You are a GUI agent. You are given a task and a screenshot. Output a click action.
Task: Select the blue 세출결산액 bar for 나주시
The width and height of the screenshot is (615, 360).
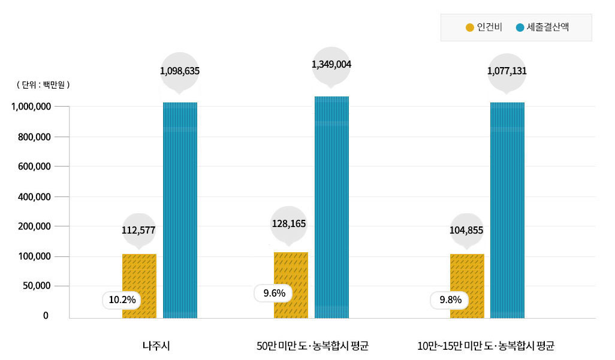(x=180, y=210)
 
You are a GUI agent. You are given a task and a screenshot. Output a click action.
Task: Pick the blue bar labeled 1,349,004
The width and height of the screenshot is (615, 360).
(x=331, y=207)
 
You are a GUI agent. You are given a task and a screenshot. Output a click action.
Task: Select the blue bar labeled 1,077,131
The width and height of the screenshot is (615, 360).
(x=507, y=210)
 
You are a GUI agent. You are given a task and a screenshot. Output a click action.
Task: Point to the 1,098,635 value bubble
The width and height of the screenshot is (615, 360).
(x=180, y=71)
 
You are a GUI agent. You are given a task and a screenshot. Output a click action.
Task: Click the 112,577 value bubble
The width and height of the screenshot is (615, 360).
(x=138, y=229)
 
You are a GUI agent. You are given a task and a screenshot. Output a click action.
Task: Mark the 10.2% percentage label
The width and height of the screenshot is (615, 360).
(x=122, y=300)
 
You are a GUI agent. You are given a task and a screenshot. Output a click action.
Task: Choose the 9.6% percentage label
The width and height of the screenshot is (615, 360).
(x=273, y=294)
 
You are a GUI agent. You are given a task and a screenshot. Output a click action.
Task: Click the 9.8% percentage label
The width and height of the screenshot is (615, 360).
(x=450, y=300)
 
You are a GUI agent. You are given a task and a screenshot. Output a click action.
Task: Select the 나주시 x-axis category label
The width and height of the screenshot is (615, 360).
(x=156, y=346)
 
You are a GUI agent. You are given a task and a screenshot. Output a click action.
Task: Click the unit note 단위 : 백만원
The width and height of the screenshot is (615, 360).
(x=44, y=85)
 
